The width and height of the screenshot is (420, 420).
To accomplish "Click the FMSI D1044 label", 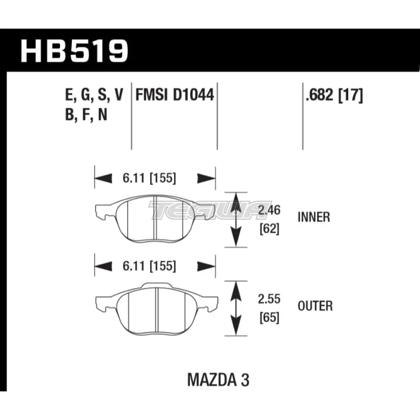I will coord(175,96).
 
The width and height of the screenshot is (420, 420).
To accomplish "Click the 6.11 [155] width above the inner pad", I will coord(149,178).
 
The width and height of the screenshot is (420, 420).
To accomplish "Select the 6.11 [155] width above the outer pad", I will coord(149,266).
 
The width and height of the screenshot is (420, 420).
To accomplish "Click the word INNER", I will coord(314,217).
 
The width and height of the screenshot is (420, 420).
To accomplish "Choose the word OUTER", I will coord(315,306).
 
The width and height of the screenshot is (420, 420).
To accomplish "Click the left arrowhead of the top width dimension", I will coord(103,178).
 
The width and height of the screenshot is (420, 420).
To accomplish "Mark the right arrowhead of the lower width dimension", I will coord(205,266).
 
